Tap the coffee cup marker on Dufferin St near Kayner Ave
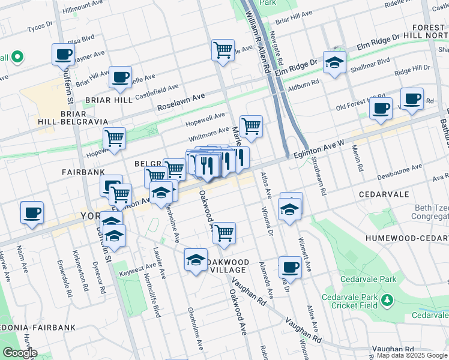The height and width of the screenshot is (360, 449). click(63, 55)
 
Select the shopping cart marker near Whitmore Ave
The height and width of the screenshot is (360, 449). click(251, 127)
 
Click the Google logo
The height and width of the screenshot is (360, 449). click(19, 353)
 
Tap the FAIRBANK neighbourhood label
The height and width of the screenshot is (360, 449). click(83, 172)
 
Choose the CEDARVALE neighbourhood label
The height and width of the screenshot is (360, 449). click(384, 195)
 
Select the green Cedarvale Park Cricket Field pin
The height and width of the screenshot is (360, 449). click(388, 299)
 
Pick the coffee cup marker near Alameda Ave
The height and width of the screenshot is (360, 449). click(290, 268)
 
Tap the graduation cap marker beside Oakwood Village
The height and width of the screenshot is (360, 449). click(196, 260)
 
